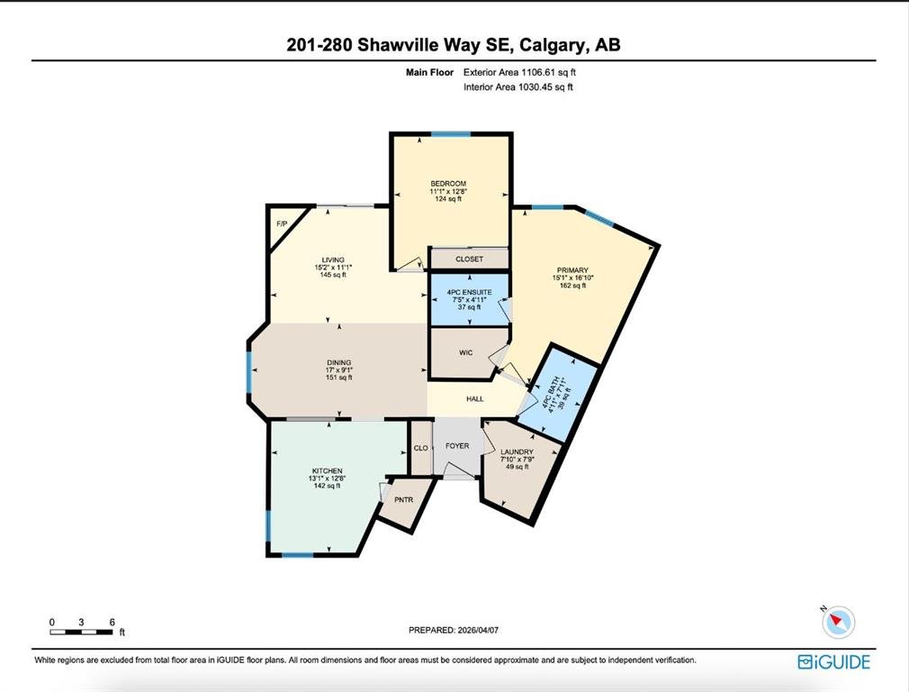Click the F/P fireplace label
tap(282, 224)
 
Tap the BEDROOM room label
tap(448, 184)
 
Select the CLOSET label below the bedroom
tap(469, 259)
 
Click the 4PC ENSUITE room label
tap(470, 292)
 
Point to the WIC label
tap(466, 352)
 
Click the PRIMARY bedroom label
tap(572, 270)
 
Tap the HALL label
tap(475, 399)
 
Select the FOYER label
tap(457, 446)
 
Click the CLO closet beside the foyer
tap(421, 448)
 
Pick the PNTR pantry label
tap(403, 499)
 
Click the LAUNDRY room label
tap(517, 451)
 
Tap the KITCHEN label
tap(327, 471)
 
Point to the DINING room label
tap(339, 363)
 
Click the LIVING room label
tap(333, 260)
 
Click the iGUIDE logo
tap(833, 661)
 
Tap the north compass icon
tap(838, 622)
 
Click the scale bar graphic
tap(81, 632)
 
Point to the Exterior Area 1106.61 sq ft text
tap(519, 73)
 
